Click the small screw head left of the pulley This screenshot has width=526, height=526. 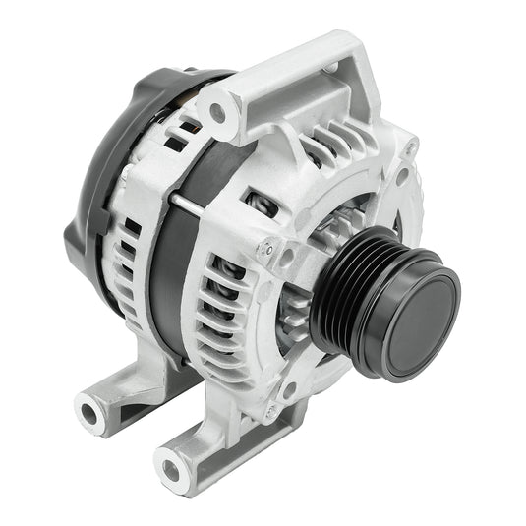[264, 248]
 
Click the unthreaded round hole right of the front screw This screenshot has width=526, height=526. [287, 259]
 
